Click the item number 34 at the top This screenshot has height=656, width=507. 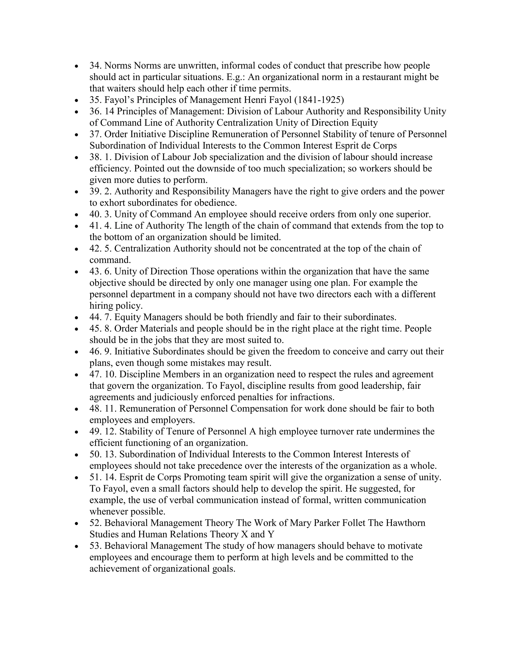click(x=95, y=66)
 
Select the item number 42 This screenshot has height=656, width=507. click(x=95, y=248)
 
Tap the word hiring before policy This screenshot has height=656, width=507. click(x=101, y=306)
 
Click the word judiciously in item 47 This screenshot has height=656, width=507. click(x=176, y=397)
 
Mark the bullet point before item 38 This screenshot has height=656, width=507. click(x=77, y=157)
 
